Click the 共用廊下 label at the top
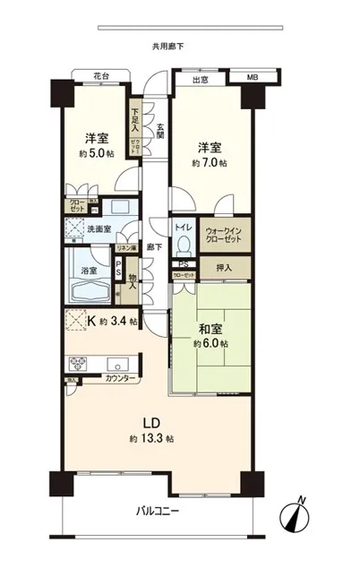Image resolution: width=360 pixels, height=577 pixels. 167,45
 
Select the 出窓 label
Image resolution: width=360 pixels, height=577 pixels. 201,80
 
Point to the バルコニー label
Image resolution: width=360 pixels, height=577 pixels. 158,512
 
